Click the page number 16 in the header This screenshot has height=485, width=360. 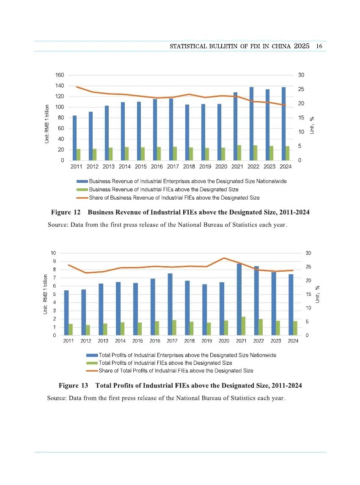click(x=319, y=46)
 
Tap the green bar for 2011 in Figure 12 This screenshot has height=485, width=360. click(x=79, y=154)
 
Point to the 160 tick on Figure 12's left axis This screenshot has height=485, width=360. click(x=60, y=75)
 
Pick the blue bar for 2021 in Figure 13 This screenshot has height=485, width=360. click(x=239, y=299)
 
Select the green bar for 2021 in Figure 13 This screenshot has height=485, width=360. click(x=243, y=326)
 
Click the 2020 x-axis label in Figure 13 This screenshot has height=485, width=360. click(x=224, y=341)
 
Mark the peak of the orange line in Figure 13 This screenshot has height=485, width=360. click(x=224, y=258)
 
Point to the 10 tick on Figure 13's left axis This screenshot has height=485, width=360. click(x=53, y=253)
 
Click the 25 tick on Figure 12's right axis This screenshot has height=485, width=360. click(x=301, y=89)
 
